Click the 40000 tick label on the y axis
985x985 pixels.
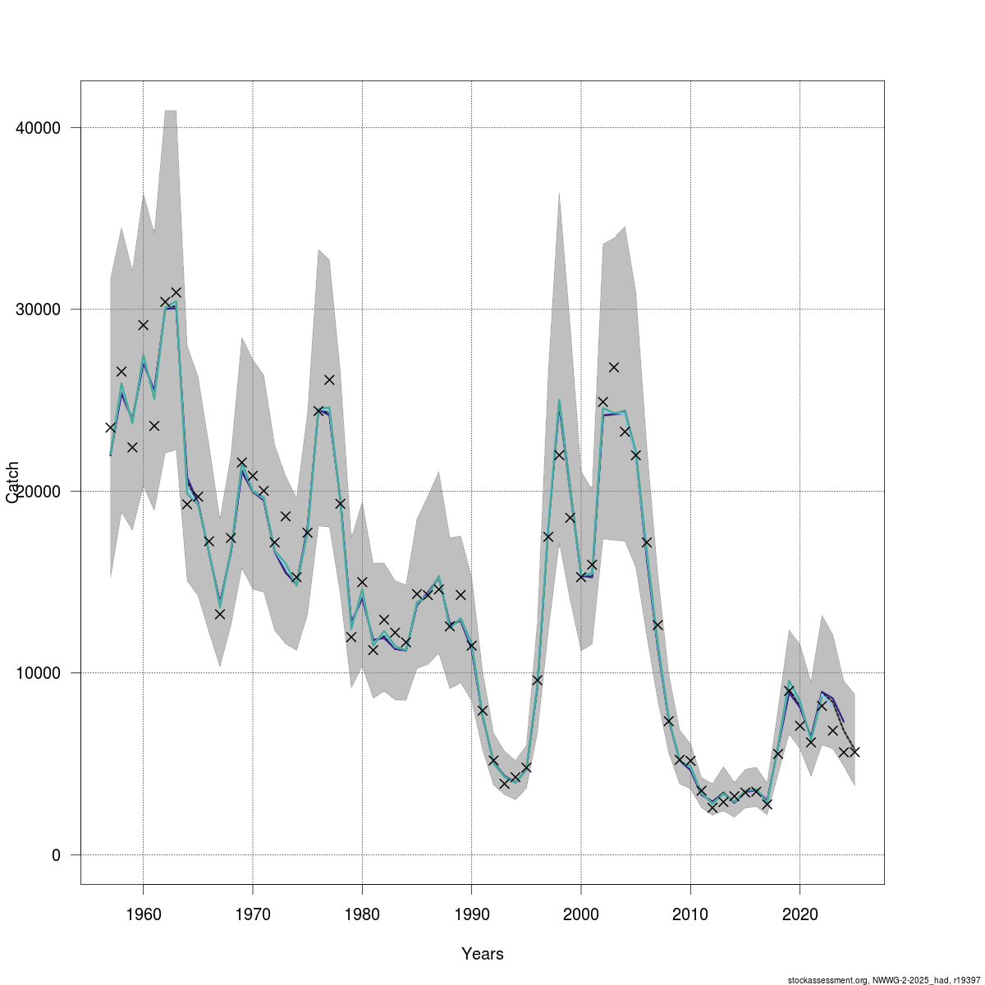39,128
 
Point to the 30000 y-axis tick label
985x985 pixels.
39,309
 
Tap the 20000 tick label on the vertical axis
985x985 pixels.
39,491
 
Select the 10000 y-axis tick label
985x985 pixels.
39,673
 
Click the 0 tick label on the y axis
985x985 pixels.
56,855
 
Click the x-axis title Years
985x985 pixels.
483,954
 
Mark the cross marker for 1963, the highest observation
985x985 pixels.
176,292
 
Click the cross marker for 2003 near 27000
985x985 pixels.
613,367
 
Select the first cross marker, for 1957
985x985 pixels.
110,427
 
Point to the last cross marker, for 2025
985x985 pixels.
854,751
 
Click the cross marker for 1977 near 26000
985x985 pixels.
329,379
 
